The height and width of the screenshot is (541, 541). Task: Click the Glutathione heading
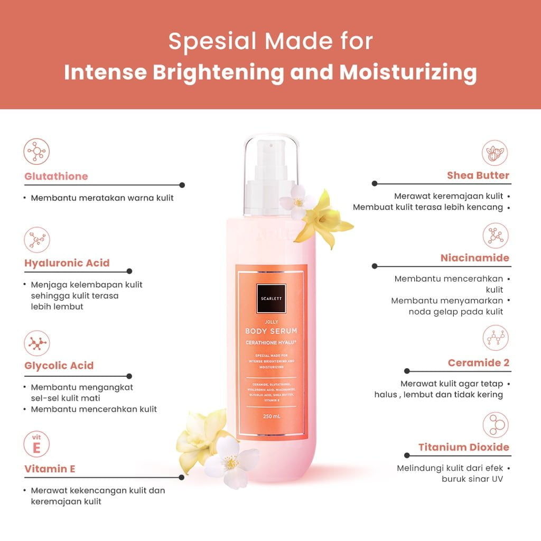click(56, 176)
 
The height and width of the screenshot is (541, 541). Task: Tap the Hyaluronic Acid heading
click(67, 263)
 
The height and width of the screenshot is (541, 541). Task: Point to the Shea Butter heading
click(478, 175)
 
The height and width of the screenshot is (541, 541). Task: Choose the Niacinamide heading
click(474, 258)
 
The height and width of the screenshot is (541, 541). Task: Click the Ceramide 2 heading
click(478, 363)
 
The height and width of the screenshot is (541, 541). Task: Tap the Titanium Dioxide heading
click(464, 447)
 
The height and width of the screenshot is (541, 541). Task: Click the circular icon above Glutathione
click(37, 152)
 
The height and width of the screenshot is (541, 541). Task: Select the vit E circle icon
click(37, 444)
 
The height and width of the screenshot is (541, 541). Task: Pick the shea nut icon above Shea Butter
click(496, 153)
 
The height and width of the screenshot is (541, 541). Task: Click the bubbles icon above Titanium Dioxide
click(496, 424)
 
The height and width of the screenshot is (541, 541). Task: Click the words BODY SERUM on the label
click(270, 331)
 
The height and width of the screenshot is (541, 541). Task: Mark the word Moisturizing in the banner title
click(408, 72)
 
